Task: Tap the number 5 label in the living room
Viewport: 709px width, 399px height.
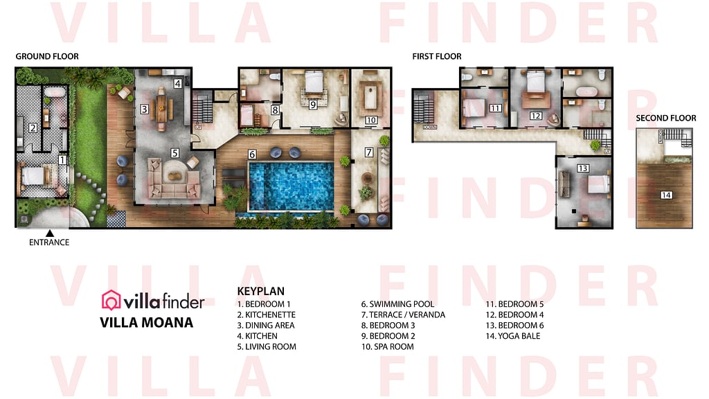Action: coord(175,152)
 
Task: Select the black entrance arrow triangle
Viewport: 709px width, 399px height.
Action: coord(49,233)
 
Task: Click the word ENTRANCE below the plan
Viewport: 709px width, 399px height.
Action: coord(49,242)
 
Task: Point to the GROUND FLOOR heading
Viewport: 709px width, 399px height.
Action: coord(47,56)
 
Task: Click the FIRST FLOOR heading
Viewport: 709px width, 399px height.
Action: coord(437,56)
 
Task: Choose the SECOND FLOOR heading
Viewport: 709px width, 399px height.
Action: coord(666,118)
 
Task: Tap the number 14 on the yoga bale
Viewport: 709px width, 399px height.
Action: coord(666,195)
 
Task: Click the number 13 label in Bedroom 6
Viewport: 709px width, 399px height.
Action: coord(582,168)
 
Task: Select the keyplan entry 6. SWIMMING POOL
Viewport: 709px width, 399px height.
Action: coord(397,304)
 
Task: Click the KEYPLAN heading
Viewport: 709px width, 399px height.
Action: coord(260,292)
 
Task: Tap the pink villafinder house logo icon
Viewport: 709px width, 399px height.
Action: coord(111,300)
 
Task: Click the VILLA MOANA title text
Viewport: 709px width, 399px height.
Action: coord(146,322)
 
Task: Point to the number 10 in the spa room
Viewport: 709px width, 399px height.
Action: coord(370,120)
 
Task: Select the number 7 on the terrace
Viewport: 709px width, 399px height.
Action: coord(368,152)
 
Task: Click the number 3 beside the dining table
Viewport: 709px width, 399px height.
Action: coord(144,109)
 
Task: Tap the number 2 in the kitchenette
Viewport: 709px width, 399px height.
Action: coord(32,127)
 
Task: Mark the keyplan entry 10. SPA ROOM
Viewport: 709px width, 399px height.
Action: coord(387,346)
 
